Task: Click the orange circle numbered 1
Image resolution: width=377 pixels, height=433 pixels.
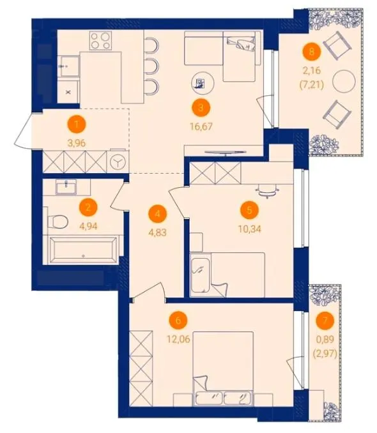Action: point(77,124)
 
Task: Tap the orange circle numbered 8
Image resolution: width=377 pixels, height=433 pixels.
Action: point(312,51)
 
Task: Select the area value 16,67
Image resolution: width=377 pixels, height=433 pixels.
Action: point(201,126)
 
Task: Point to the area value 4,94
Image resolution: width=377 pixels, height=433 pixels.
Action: point(88,226)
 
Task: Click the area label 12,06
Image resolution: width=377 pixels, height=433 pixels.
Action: point(178,339)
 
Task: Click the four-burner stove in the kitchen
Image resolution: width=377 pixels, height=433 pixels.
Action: point(100,40)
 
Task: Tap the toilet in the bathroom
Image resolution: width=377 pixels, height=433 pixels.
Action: point(58,222)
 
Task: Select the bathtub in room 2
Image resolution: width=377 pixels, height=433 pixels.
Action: point(82,250)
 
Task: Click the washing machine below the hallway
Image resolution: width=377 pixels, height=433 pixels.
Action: point(119,162)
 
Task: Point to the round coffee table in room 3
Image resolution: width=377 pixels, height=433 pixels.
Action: point(203,83)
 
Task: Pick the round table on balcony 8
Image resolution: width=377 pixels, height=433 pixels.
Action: point(344,82)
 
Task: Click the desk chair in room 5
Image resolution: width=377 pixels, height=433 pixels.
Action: point(267,192)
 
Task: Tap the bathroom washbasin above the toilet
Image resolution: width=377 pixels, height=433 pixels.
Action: point(66,187)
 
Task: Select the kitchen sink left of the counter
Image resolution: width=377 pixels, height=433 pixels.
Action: point(69,66)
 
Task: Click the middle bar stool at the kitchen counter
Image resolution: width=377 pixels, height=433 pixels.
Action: point(151,66)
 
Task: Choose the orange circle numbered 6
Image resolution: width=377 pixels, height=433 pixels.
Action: point(178,321)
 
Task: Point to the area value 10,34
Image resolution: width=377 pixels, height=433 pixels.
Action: point(250,229)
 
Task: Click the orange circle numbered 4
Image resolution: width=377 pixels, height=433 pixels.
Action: point(158,214)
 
